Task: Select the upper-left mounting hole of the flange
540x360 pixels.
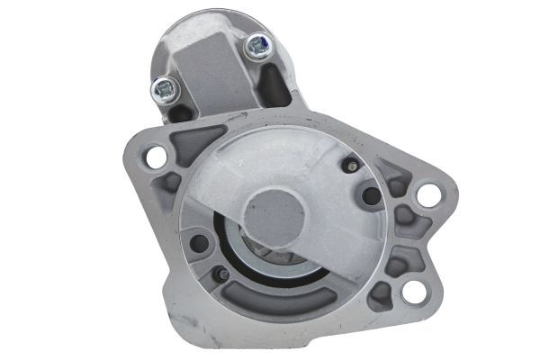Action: pyautogui.click(x=155, y=156)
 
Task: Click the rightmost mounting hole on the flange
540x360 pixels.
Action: pyautogui.click(x=428, y=194)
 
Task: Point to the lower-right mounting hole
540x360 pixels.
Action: pyautogui.click(x=412, y=292)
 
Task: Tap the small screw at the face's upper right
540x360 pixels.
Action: pyautogui.click(x=349, y=165)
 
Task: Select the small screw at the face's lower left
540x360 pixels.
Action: pyautogui.click(x=220, y=274)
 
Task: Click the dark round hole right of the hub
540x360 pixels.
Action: pyautogui.click(x=370, y=195)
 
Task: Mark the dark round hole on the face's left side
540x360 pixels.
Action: pyautogui.click(x=199, y=241)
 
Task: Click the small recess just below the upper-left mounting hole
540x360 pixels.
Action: pyautogui.click(x=166, y=184)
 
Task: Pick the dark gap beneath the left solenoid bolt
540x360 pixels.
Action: pyautogui.click(x=179, y=113)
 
